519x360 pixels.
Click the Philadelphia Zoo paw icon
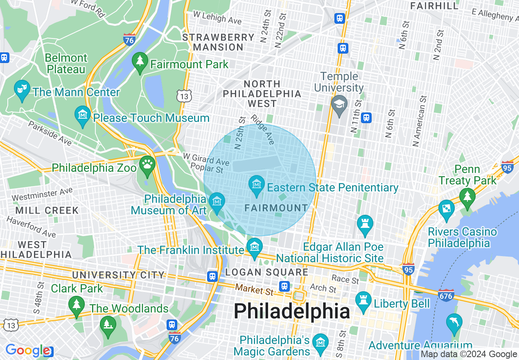click(x=147, y=164)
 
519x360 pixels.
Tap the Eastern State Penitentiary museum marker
click(x=257, y=186)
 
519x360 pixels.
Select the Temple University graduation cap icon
click(x=339, y=104)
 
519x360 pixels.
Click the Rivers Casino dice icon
click(x=446, y=208)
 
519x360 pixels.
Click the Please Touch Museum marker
click(x=83, y=116)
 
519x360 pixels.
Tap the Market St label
click(x=254, y=290)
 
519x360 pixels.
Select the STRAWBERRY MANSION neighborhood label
click(x=219, y=42)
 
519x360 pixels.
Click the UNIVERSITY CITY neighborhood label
click(x=118, y=275)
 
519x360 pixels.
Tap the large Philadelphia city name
click(x=292, y=312)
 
